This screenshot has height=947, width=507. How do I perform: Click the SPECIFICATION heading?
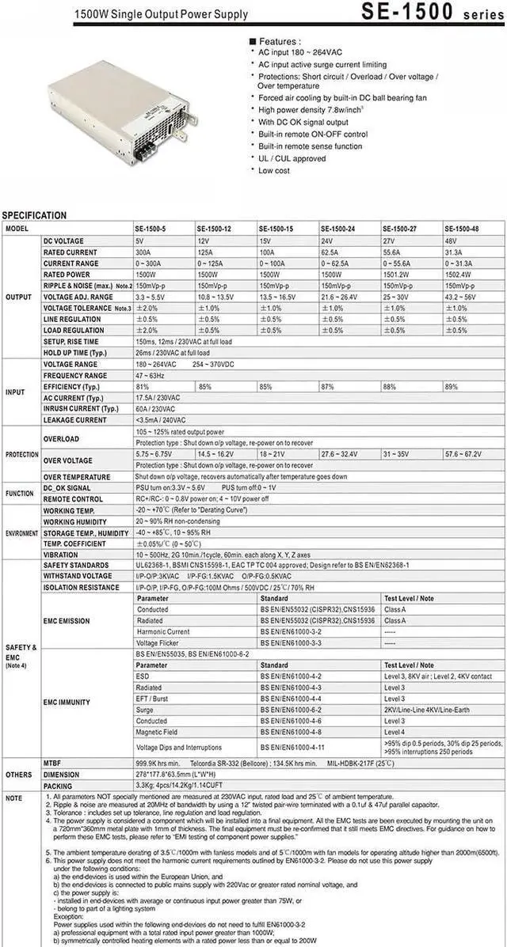[x=34, y=215]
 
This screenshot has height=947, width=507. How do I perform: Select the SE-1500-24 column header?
[x=337, y=229]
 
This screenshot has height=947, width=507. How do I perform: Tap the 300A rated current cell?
[x=144, y=252]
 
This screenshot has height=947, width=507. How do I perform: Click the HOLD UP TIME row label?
[x=74, y=353]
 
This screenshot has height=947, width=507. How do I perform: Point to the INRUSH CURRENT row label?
[x=80, y=409]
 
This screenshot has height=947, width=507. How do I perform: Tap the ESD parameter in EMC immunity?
[x=143, y=676]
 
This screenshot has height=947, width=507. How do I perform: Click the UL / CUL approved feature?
[x=292, y=158]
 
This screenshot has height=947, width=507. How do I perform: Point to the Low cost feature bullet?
[x=274, y=170]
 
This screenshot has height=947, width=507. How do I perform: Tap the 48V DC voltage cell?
[x=450, y=241]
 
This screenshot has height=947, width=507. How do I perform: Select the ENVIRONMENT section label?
[x=21, y=533]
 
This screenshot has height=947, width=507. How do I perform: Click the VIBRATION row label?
[x=61, y=555]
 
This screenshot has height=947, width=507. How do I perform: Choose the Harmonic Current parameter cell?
[x=163, y=632]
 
